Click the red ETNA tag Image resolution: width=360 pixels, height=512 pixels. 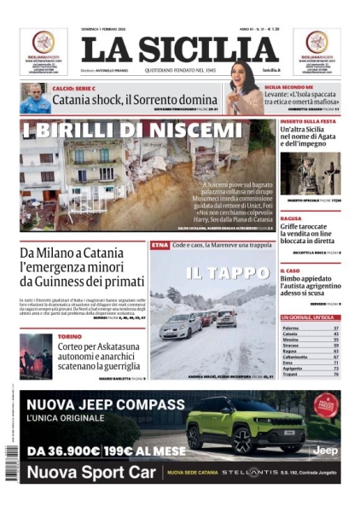(x=159, y=245)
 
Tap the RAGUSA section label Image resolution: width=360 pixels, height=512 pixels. (x=290, y=218)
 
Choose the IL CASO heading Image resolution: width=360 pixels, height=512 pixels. (x=290, y=271)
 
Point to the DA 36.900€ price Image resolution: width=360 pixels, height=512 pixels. (x=69, y=451)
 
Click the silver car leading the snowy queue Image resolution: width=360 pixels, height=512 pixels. (x=180, y=325)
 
